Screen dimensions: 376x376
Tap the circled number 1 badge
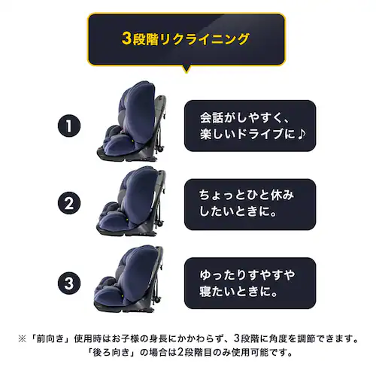(x=68, y=125)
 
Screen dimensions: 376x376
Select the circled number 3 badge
(x=68, y=284)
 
